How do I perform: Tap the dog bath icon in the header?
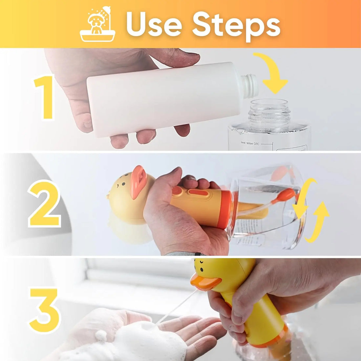(97, 25)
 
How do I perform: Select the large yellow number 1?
(45, 97)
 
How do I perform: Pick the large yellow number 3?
(45, 310)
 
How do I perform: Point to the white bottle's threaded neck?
(249, 86)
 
